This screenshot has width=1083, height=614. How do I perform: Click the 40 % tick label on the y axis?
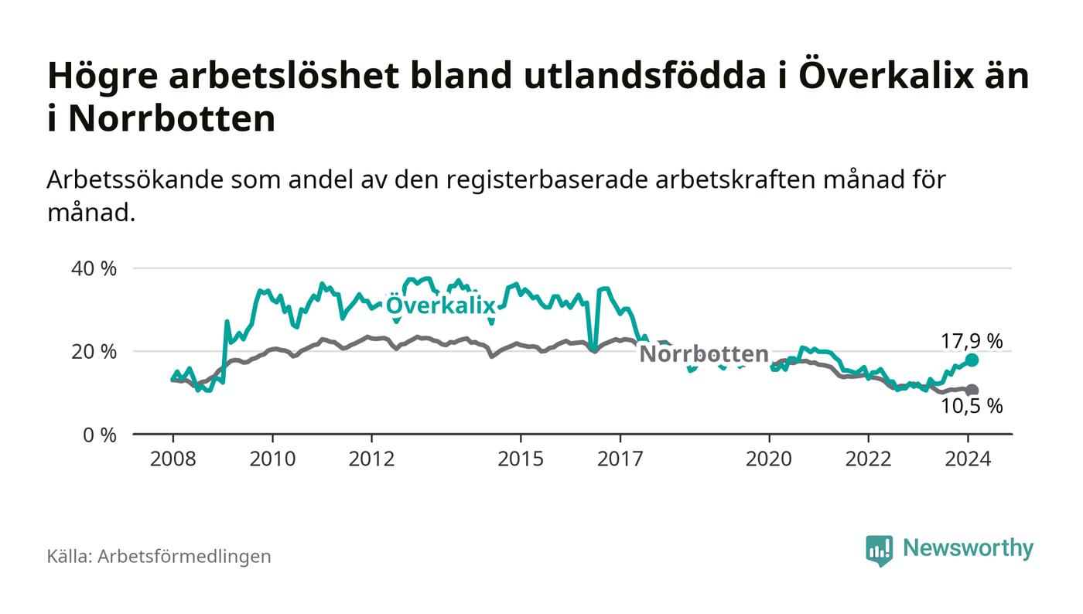[x=94, y=269]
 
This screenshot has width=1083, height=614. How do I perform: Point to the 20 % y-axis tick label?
[x=94, y=352]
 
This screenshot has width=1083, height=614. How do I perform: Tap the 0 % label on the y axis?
[x=99, y=435]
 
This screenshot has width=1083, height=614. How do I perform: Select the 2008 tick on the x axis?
[x=173, y=459]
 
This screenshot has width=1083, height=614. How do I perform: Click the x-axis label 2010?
[x=272, y=459]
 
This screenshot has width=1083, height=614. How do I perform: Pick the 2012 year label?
[x=371, y=459]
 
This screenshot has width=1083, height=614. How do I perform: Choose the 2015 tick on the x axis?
[x=521, y=459]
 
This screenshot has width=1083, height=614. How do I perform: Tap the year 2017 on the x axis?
[x=620, y=459]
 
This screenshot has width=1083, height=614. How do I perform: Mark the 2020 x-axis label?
[x=769, y=459]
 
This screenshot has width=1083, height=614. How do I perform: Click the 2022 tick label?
[x=869, y=459]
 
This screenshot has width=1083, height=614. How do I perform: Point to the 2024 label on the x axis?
[x=968, y=459]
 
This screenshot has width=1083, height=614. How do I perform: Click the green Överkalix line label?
[x=440, y=305]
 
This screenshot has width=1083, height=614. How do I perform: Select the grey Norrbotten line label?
[x=704, y=354]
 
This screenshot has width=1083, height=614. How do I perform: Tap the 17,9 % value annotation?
[x=972, y=340]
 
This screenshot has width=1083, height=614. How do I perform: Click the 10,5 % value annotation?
[x=972, y=406]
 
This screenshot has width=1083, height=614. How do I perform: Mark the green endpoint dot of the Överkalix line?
[x=972, y=360]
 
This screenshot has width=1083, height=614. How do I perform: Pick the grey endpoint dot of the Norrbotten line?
[x=972, y=391]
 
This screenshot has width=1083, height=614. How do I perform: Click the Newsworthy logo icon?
[x=879, y=550]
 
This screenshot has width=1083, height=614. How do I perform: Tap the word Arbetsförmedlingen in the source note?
[x=184, y=556]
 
